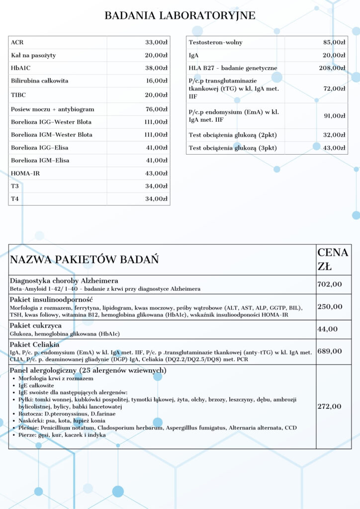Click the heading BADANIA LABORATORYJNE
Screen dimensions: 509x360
pyautogui.click(x=180, y=16)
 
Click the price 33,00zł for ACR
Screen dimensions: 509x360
pyautogui.click(x=156, y=42)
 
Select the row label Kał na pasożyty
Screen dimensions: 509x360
pyautogui.click(x=32, y=55)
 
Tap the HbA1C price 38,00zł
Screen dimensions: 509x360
pyautogui.click(x=156, y=68)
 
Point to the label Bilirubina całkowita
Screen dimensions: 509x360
pyautogui.click(x=40, y=81)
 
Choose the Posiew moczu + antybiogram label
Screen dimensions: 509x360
pyautogui.click(x=52, y=109)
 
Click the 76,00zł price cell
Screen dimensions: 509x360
pyautogui.click(x=156, y=109)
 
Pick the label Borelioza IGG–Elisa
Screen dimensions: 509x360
pyautogui.click(x=40, y=148)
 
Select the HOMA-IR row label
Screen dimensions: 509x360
pyautogui.click(x=26, y=173)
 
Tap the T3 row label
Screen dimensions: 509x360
pyautogui.click(x=15, y=186)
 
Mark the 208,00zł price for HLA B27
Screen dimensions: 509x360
pyautogui.click(x=332, y=68)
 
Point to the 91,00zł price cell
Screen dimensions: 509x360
pyautogui.click(x=334, y=116)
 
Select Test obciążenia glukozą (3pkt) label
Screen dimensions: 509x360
pyautogui.click(x=233, y=148)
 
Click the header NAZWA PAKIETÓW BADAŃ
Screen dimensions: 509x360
pyautogui.click(x=85, y=259)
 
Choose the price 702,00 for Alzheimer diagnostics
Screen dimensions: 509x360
pyautogui.click(x=330, y=284)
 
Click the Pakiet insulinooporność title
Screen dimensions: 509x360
pyautogui.click(x=52, y=300)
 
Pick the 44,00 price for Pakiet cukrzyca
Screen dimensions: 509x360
pyautogui.click(x=328, y=329)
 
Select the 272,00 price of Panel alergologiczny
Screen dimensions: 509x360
pyautogui.click(x=330, y=407)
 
